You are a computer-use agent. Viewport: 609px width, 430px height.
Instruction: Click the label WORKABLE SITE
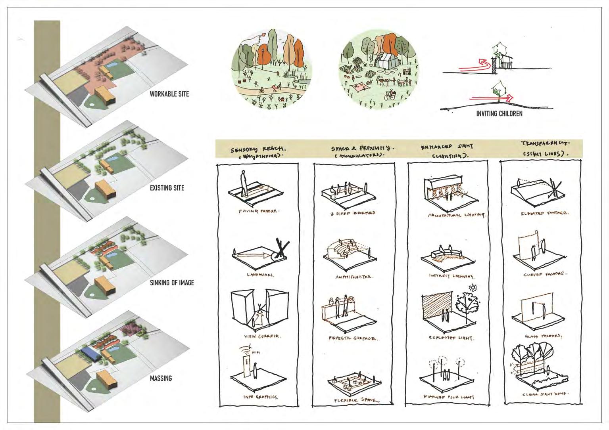(169, 94)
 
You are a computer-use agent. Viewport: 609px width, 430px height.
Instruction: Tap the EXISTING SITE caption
(167, 188)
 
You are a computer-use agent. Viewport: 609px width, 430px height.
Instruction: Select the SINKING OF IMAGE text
(172, 283)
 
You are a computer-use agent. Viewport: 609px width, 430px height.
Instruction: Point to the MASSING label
(161, 378)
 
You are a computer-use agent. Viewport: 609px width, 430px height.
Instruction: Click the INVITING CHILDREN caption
(499, 113)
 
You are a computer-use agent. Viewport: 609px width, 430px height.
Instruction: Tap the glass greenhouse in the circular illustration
(383, 61)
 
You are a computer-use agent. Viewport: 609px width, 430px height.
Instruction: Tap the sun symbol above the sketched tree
(473, 287)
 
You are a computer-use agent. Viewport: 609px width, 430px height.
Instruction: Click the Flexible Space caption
(354, 400)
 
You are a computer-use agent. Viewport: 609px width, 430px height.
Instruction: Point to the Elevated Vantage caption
(544, 213)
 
